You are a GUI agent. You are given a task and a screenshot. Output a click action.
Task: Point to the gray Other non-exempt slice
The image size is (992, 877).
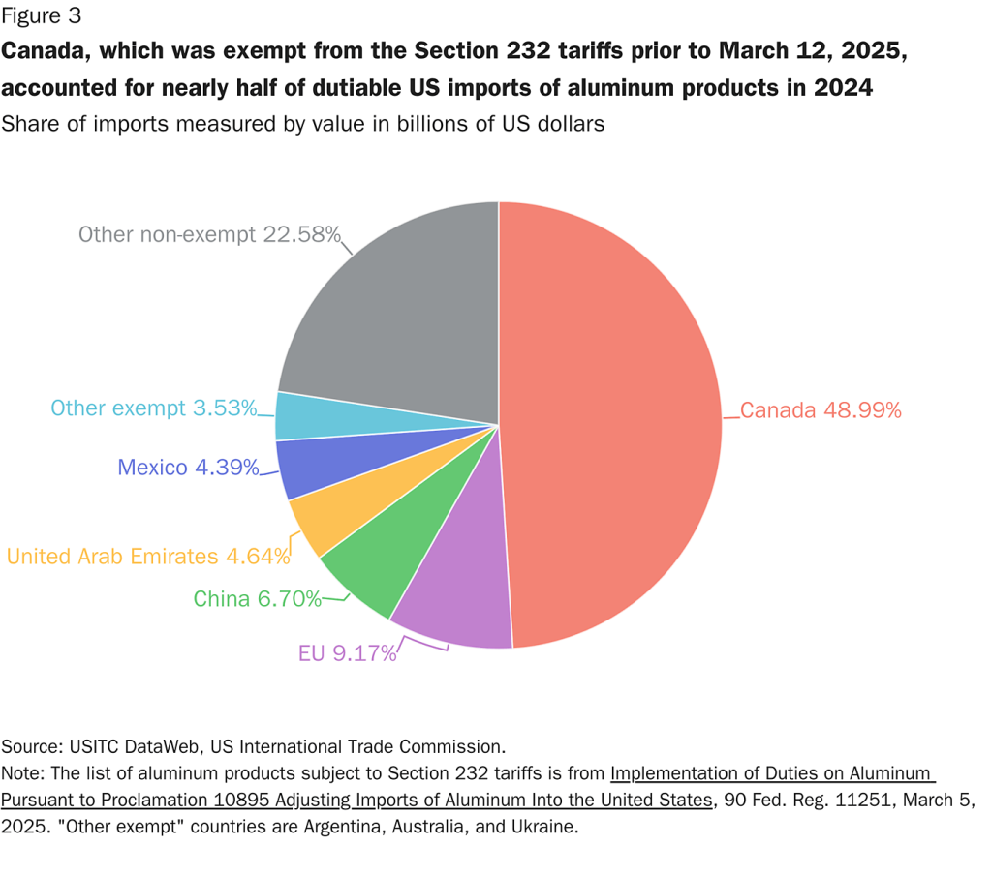coord(397,310)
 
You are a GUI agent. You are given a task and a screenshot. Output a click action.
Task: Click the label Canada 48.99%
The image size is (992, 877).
coord(821,410)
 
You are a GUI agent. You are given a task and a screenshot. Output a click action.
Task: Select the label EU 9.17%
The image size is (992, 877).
coord(347,653)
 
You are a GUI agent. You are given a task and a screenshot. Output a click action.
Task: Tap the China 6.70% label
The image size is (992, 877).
coord(257,599)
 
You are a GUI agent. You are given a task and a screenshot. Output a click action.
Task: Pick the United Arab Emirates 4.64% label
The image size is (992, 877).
coord(148,557)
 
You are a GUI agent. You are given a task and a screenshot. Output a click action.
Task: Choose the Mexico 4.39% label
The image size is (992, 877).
coord(188,468)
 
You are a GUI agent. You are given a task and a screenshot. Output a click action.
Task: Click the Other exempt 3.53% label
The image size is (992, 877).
coord(153,408)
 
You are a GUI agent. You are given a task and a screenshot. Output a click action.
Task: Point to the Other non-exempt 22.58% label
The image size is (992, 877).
coord(209,234)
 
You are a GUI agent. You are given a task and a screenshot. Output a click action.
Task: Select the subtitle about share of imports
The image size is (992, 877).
coord(303,124)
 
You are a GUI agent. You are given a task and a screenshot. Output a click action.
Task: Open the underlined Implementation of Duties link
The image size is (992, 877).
coord(771,773)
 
